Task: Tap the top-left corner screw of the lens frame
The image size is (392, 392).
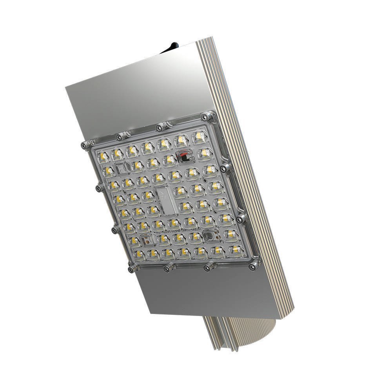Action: click(84, 145)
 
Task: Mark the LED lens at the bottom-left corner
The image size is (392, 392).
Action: click(140, 254)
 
